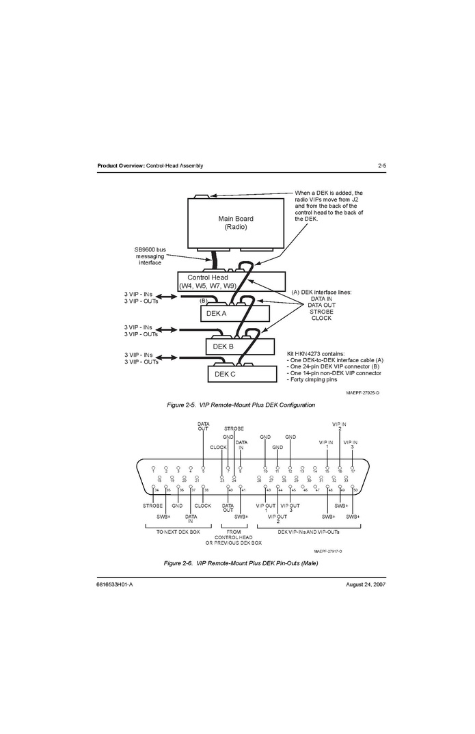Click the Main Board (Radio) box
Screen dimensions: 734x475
(x=235, y=223)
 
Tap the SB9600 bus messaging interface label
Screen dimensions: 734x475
(x=150, y=256)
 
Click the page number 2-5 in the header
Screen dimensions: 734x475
(x=382, y=166)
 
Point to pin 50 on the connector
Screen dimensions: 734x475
(x=355, y=490)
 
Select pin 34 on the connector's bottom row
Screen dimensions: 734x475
(x=157, y=490)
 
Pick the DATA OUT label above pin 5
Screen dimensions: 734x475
(x=203, y=426)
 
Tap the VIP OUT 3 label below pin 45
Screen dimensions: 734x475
(x=290, y=508)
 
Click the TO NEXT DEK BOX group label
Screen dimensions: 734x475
(x=178, y=531)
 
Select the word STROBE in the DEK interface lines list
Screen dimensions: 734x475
(x=321, y=312)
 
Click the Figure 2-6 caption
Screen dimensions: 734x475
(x=241, y=563)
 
